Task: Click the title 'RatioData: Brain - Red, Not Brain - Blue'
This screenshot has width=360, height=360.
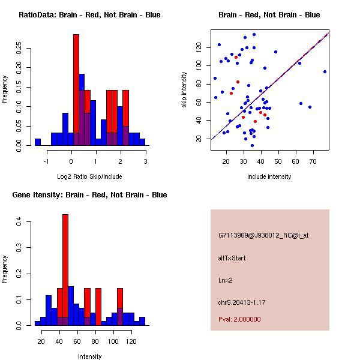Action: [x=89, y=15]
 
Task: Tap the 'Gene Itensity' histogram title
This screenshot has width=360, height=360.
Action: [x=89, y=195]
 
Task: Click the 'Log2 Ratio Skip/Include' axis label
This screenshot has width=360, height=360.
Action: [x=89, y=176]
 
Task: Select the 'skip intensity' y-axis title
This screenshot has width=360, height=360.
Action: [x=185, y=89]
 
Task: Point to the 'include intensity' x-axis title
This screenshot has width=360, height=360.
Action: [x=269, y=176]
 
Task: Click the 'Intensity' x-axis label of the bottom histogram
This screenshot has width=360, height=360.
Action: [x=89, y=356]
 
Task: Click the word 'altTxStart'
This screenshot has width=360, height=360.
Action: [x=232, y=258]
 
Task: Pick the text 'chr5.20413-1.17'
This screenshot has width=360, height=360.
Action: [x=241, y=301]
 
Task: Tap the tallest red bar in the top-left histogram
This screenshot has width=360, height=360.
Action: [x=76, y=90]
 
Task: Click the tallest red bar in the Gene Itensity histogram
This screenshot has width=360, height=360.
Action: [x=65, y=270]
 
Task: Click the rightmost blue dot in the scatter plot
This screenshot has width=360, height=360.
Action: [x=325, y=71]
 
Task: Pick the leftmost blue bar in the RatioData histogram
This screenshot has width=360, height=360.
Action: [x=38, y=142]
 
